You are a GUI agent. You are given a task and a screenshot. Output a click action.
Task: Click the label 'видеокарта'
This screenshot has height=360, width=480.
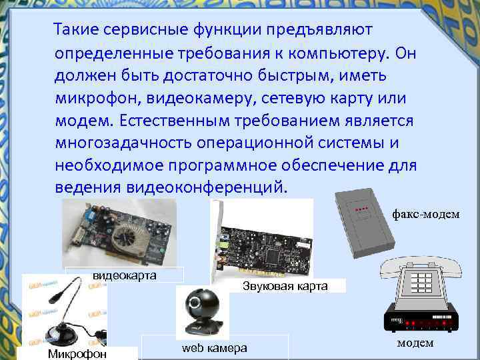[125, 275]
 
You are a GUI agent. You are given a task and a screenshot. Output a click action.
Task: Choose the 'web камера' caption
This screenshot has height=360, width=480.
[215, 348]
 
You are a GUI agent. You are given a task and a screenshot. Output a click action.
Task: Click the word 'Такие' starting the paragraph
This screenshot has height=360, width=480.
[76, 29]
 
